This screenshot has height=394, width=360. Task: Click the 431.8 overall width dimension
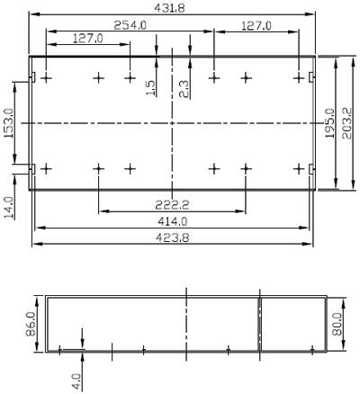click(169, 7)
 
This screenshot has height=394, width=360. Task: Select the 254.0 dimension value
click(130, 25)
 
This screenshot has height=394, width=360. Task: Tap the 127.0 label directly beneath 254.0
click(88, 38)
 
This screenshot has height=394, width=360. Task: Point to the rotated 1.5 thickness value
click(151, 88)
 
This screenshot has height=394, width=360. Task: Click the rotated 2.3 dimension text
click(184, 89)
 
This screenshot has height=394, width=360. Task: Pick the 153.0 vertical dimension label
click(9, 123)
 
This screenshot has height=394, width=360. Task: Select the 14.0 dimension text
click(9, 208)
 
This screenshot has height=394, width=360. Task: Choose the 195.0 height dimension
click(330, 123)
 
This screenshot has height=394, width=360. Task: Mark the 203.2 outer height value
click(347, 123)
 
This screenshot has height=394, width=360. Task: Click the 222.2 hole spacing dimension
click(172, 205)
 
